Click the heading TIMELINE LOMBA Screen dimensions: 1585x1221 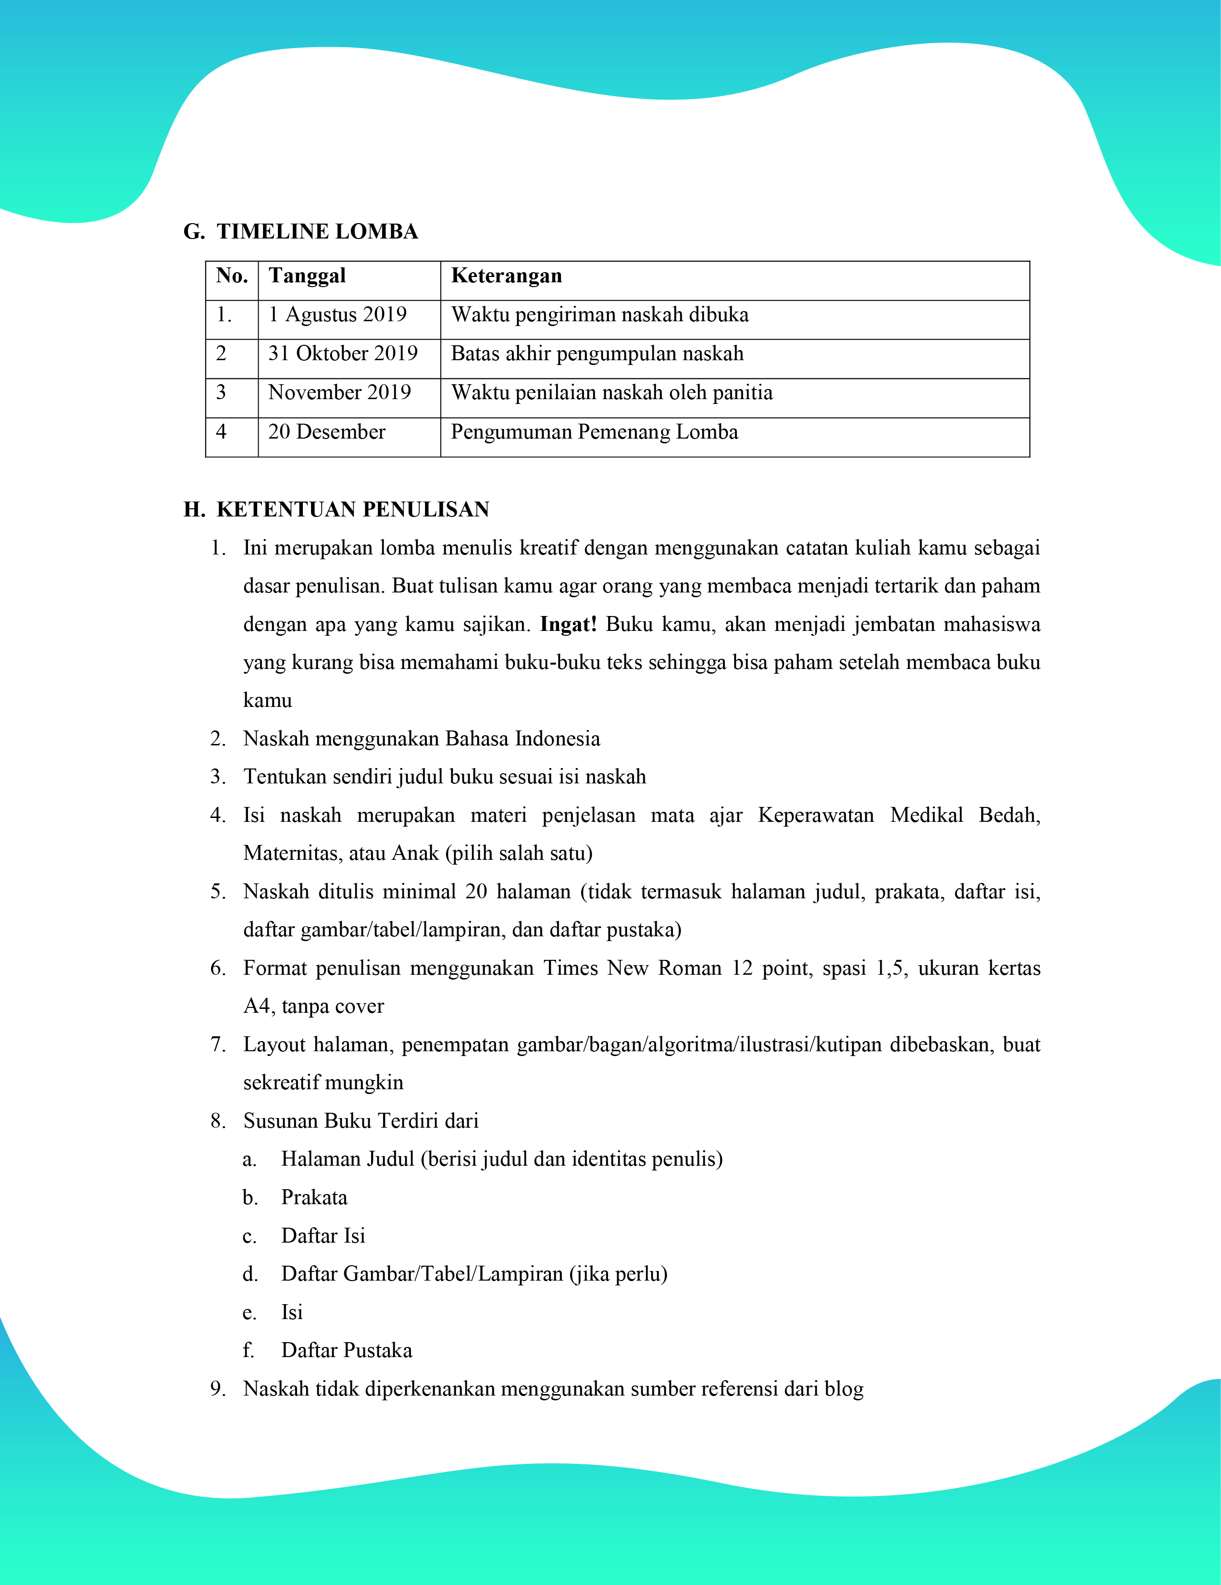coord(317,231)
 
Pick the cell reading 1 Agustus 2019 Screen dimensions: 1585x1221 coord(337,315)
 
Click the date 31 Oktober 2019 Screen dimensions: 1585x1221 coord(342,354)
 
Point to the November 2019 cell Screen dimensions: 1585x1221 coord(339,392)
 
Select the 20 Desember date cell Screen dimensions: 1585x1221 coord(326,432)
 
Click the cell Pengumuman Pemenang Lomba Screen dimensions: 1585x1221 coord(594,432)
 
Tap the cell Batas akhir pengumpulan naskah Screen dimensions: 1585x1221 coord(597,354)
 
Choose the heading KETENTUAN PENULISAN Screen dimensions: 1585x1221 coord(352,509)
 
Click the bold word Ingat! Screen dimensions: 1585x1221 coord(568,624)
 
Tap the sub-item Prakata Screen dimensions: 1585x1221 coord(314,1197)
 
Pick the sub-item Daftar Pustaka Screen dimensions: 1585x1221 coord(347,1351)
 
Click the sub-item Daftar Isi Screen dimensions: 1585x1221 coord(323,1236)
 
